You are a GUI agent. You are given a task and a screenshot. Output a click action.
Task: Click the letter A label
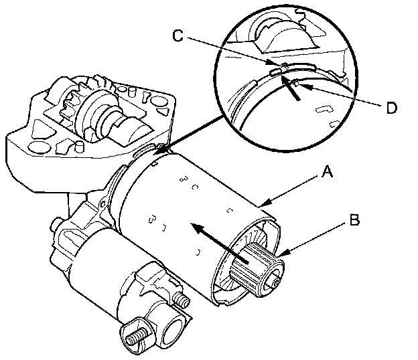(x=326, y=173)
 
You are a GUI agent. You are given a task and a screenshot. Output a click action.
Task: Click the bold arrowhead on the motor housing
(x=194, y=228)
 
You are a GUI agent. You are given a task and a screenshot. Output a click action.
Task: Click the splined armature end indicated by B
(x=254, y=266)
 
